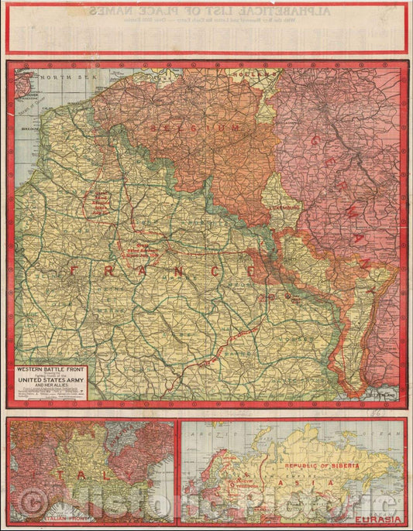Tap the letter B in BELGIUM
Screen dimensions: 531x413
point(155,126)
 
